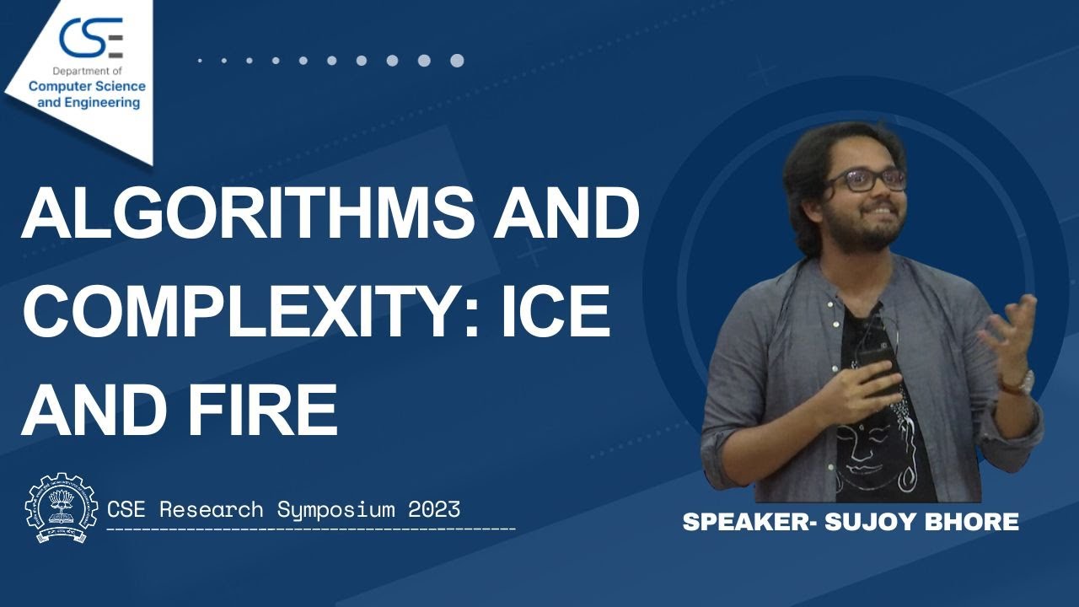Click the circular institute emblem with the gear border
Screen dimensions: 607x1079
pyautogui.click(x=62, y=509)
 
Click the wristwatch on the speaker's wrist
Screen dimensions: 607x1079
pyautogui.click(x=1019, y=384)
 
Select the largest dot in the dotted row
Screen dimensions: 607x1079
pyautogui.click(x=457, y=61)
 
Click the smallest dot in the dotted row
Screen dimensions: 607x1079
pyautogui.click(x=200, y=61)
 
